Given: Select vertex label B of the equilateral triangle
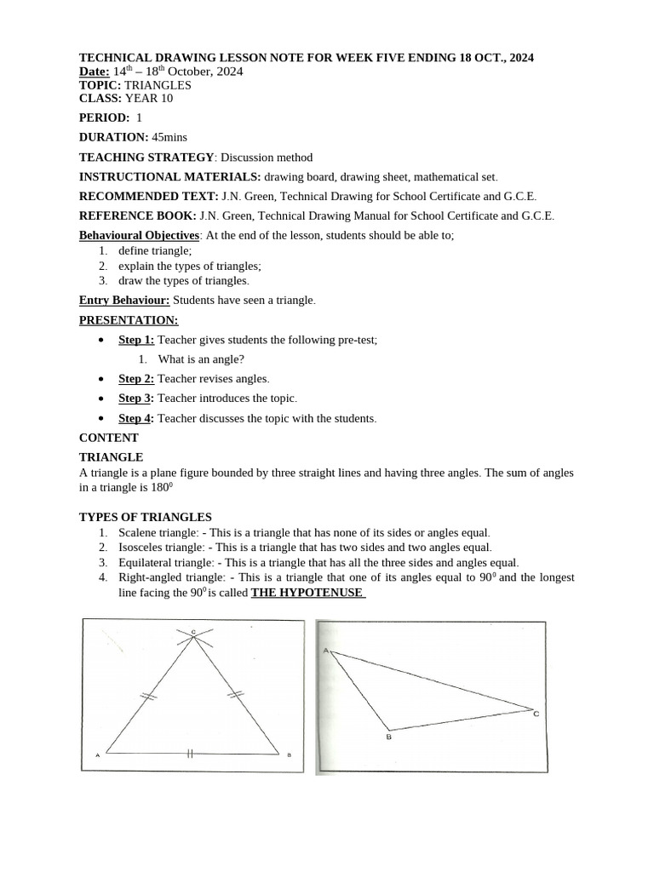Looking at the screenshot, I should pyautogui.click(x=290, y=755).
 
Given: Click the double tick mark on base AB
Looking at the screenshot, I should pyautogui.click(x=190, y=754).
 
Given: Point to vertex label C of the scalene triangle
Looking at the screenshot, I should pyautogui.click(x=536, y=714).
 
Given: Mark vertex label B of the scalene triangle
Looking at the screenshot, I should pyautogui.click(x=388, y=737).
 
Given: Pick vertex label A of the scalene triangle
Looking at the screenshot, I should pyautogui.click(x=324, y=650).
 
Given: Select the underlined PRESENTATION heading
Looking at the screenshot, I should pyautogui.click(x=129, y=320).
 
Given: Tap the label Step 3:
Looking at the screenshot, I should pyautogui.click(x=136, y=399).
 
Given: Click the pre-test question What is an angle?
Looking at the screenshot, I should pyautogui.click(x=195, y=359).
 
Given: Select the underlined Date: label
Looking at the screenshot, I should pyautogui.click(x=95, y=72).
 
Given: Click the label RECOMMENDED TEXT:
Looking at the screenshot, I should pyautogui.click(x=148, y=196).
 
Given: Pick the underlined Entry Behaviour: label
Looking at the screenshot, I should pyautogui.click(x=124, y=300).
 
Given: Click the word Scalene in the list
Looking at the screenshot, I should pyautogui.click(x=136, y=532).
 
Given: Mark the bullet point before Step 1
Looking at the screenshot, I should pyautogui.click(x=101, y=339).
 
